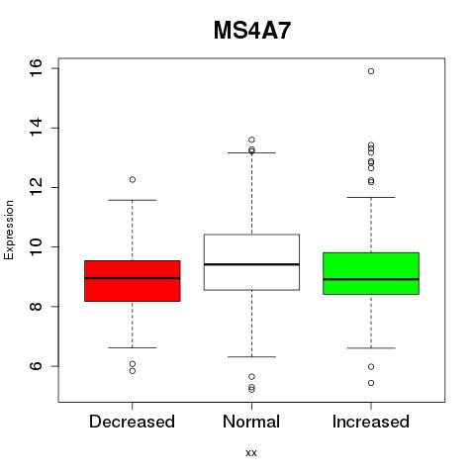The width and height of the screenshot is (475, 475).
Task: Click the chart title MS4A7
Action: pos(252,31)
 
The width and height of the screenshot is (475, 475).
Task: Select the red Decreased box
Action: pos(133,281)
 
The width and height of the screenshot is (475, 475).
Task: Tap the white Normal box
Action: pos(251,262)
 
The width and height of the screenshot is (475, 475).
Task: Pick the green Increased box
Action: pos(371,273)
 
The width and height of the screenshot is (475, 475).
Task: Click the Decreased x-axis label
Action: pos(132,422)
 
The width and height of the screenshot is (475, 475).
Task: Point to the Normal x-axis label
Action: pos(251,422)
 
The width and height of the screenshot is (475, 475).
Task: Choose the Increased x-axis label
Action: pos(371,422)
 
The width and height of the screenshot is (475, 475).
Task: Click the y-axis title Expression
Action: pos(9,231)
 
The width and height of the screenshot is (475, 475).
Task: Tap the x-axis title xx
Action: pos(251,453)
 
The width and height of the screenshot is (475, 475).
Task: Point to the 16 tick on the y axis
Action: pos(36,68)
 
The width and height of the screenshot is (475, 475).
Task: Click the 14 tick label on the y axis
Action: pos(36,128)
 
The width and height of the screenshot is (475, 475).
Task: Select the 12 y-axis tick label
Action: pos(36,187)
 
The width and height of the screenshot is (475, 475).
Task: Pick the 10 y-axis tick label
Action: pos(36,246)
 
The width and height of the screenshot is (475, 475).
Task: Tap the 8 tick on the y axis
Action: pos(36,307)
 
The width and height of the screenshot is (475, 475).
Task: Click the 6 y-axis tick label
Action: pos(36,366)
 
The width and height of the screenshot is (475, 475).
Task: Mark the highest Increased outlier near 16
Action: pos(371,71)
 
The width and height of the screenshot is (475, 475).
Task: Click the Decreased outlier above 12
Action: pos(133,179)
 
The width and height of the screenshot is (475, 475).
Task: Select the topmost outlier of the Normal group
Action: pos(251,140)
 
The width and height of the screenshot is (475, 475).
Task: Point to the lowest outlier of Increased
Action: pos(371,383)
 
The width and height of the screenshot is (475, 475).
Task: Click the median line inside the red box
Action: pos(133,278)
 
